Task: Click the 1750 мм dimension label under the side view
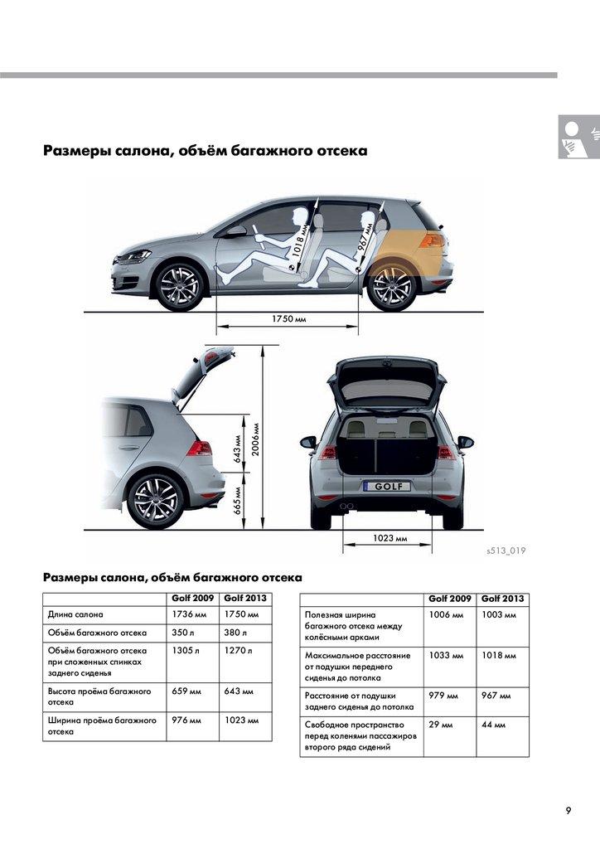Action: pos(288,319)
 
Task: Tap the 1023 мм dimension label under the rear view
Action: pos(390,538)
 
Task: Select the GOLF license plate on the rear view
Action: pos(386,487)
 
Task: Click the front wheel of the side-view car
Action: pos(179,287)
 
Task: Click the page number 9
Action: pos(569,810)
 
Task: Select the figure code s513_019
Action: pos(506,550)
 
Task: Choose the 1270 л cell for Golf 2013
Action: pos(238,651)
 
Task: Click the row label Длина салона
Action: pos(76,614)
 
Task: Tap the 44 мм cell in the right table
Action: pos(494,725)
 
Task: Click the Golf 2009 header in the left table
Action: pos(191,598)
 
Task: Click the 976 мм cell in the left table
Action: pos(186,720)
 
